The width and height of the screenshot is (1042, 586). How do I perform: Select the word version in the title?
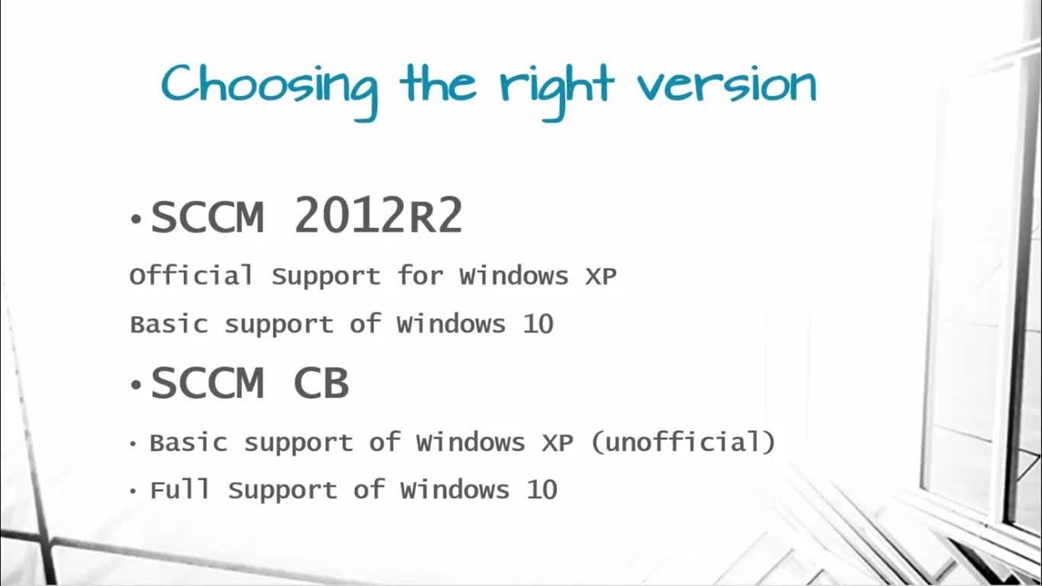[x=727, y=85]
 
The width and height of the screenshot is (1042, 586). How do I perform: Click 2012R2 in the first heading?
[x=379, y=215]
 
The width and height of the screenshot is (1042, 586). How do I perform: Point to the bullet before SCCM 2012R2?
[x=136, y=219]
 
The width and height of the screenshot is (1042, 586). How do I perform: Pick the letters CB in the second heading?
[x=321, y=383]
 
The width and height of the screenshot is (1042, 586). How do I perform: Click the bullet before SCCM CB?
[x=136, y=385]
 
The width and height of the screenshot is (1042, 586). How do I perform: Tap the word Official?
[x=191, y=275]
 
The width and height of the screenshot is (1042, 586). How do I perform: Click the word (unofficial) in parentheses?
[x=683, y=442]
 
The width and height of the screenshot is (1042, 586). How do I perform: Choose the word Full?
[x=180, y=489]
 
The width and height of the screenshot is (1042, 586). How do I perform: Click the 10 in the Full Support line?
[x=542, y=490]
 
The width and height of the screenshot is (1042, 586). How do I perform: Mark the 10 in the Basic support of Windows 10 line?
[x=538, y=324]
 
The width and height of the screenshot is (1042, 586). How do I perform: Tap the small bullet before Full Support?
[x=133, y=491]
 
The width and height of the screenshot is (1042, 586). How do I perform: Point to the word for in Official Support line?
[x=420, y=275]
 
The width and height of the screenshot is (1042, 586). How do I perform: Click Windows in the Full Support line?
[x=455, y=490]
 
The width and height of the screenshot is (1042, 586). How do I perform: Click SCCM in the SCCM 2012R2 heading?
[x=208, y=216]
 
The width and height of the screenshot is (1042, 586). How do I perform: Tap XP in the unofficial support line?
[x=558, y=442]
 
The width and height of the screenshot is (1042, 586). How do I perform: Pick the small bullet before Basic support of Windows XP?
[x=133, y=444]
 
